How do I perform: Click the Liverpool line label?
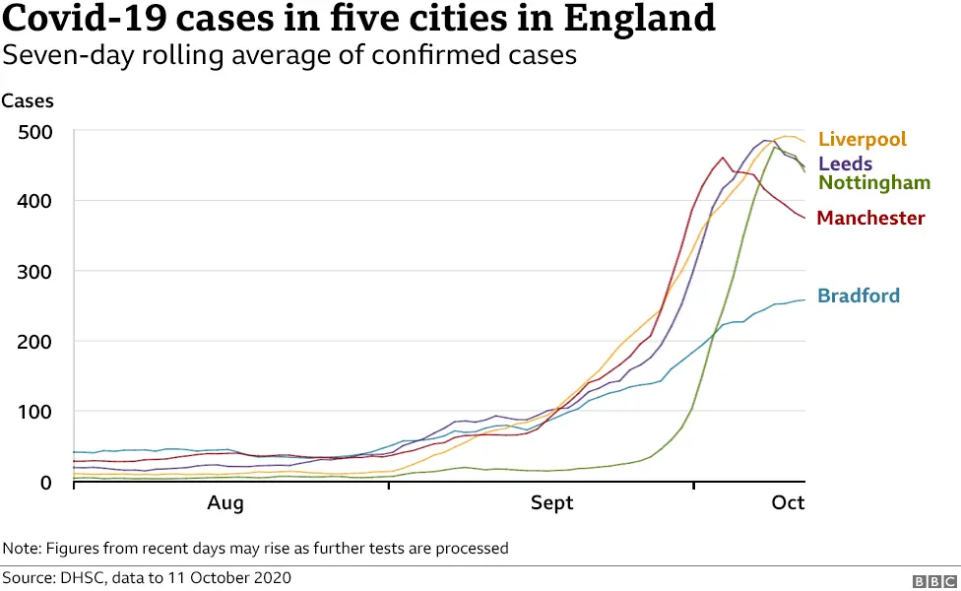pos(862,140)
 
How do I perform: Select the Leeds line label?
pos(845,164)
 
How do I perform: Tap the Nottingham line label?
pos(874,183)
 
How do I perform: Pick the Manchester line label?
pos(870,218)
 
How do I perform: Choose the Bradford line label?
pos(859,295)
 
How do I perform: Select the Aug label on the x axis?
pos(225,503)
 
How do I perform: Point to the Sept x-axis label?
pos(551,503)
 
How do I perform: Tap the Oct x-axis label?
pos(788,503)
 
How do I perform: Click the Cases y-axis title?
pos(28,100)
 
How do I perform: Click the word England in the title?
pos(631,19)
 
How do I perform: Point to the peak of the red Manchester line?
pos(723,158)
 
